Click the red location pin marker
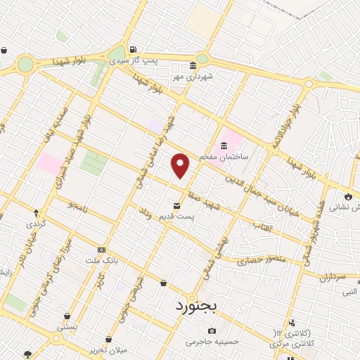click(x=181, y=165)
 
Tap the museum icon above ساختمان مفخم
click(x=224, y=146)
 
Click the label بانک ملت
click(x=102, y=259)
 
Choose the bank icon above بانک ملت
click(x=102, y=250)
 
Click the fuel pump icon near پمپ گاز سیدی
click(x=133, y=50)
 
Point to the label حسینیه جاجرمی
click(x=212, y=342)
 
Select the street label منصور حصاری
click(x=262, y=260)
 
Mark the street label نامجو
click(x=77, y=205)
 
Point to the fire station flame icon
click(x=349, y=196)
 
